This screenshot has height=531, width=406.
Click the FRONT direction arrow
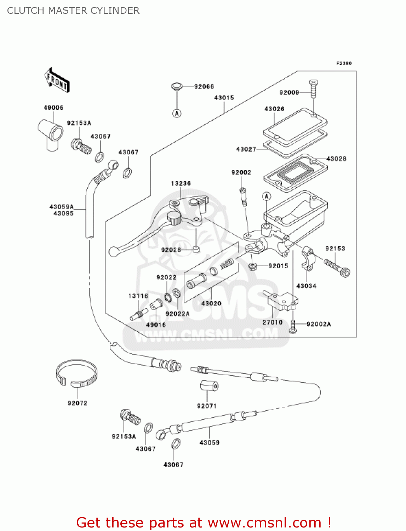tap(57, 81)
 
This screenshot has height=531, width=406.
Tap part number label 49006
tap(53, 108)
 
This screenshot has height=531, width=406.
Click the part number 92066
tap(204, 87)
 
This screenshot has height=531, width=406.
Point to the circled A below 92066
tap(177, 113)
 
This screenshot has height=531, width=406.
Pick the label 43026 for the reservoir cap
tap(274, 109)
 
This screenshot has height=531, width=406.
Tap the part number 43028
tap(336, 159)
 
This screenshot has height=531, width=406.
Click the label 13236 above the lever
tap(181, 183)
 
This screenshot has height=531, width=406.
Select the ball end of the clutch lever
tap(114, 251)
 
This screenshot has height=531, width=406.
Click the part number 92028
tap(171, 250)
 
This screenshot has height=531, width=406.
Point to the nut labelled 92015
tap(252, 266)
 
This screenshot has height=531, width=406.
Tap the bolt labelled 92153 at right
tap(337, 268)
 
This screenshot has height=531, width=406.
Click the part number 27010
tap(273, 322)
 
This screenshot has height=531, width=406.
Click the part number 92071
tap(207, 406)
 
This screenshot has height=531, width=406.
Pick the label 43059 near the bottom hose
tap(210, 442)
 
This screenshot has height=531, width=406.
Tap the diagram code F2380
tap(344, 63)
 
